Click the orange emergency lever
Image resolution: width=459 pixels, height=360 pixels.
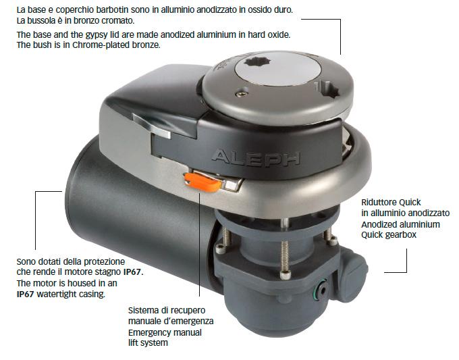pos(202,182)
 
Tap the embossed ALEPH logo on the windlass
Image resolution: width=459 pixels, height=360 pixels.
pos(256,158)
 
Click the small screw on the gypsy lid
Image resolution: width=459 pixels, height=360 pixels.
pos(242,94)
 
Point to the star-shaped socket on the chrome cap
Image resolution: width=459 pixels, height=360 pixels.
pos(258,62)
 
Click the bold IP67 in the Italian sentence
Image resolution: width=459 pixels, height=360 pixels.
pos(132,272)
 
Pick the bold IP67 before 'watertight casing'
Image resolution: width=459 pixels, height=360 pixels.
pos(26,294)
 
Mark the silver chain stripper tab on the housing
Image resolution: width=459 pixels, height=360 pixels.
pos(151,125)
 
